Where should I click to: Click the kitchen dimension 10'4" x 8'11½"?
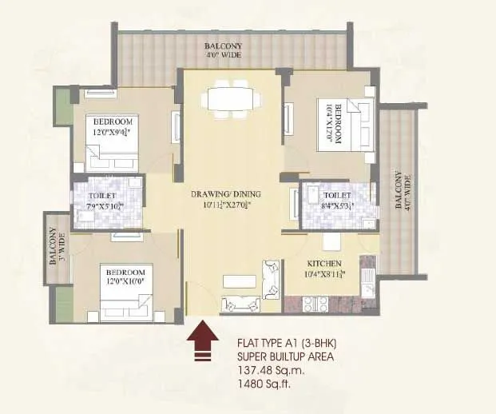(x=325, y=275)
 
